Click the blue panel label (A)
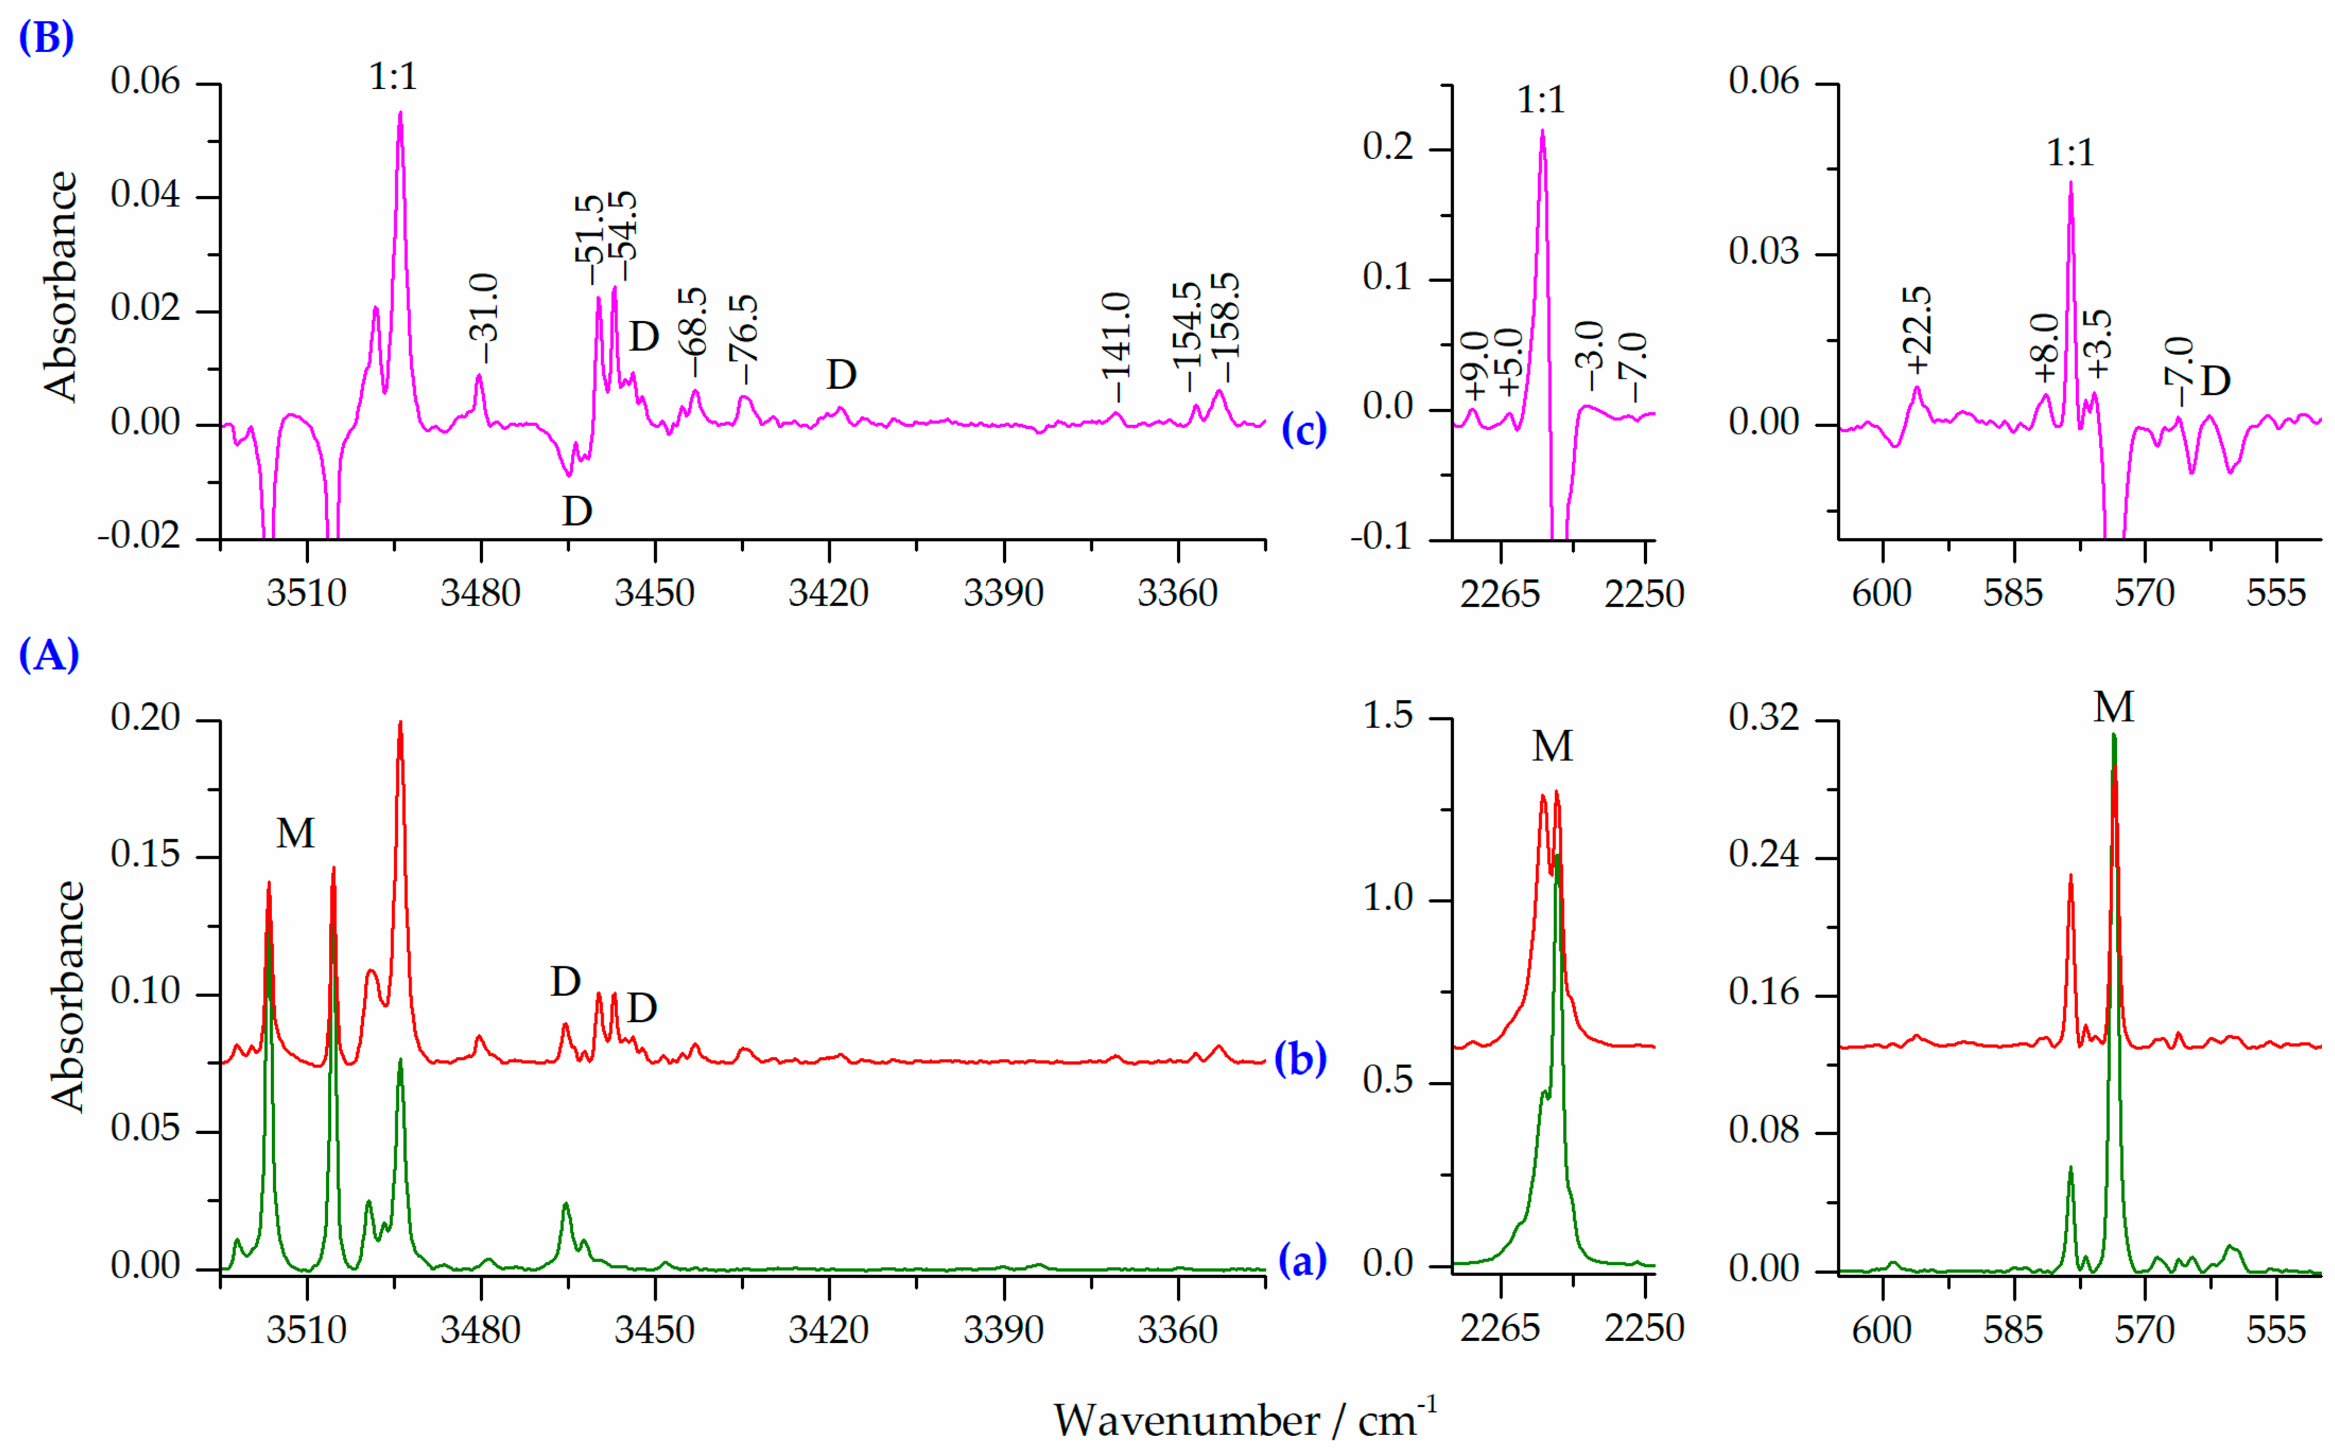(x=48, y=656)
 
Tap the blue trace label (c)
(x=1303, y=429)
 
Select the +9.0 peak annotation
(x=1476, y=365)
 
